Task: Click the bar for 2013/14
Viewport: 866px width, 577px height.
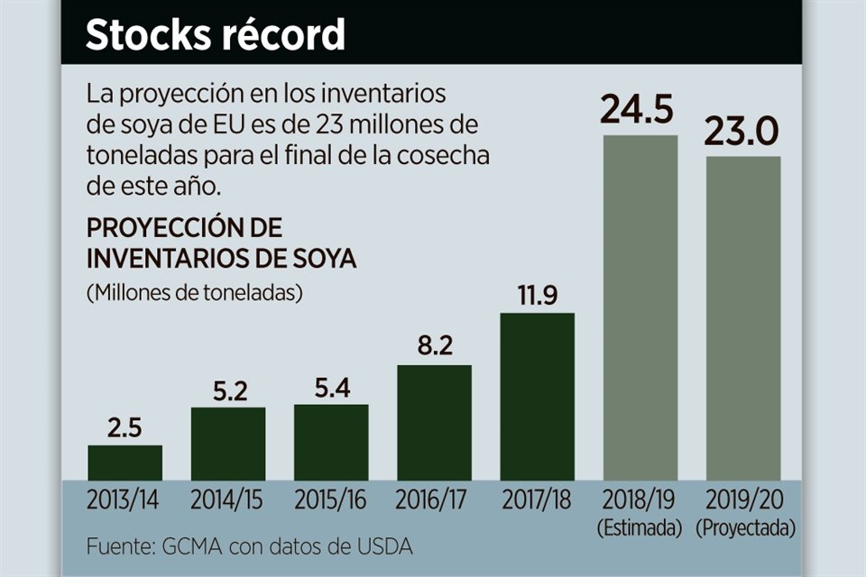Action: tap(124, 463)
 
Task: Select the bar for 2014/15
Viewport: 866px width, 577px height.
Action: tap(227, 444)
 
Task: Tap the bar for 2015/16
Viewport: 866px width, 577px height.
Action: tap(330, 442)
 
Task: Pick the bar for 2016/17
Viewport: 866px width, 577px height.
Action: tap(434, 422)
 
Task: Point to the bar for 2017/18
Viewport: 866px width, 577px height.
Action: tap(537, 397)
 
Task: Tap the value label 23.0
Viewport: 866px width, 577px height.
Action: tap(742, 135)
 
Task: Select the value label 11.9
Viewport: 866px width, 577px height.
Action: tap(537, 297)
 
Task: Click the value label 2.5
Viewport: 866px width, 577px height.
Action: tap(124, 428)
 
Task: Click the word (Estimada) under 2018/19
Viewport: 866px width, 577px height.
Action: tap(640, 528)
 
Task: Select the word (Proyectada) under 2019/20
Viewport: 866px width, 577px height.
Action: tap(742, 528)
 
